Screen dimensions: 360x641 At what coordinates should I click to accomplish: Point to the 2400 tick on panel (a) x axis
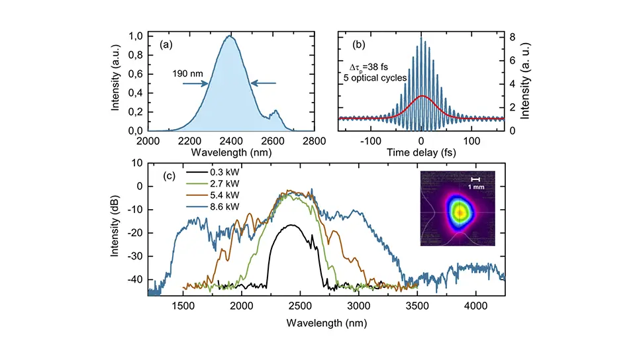[230, 140]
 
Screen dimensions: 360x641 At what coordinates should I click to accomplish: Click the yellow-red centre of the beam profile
[459, 212]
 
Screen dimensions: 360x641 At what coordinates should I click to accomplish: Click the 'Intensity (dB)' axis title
[117, 227]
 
